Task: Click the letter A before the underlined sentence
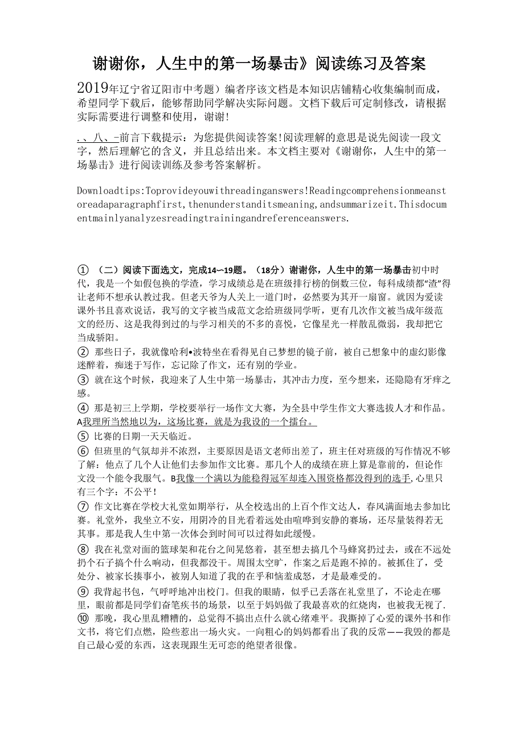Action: pos(80,422)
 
